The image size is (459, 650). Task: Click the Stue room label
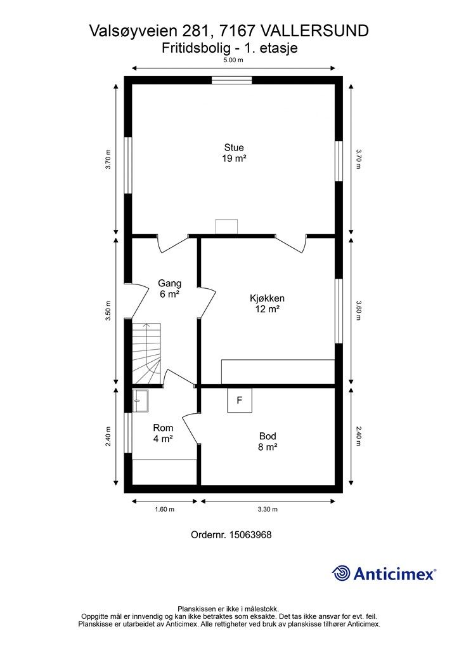(x=234, y=152)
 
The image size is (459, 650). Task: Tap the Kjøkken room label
(x=267, y=303)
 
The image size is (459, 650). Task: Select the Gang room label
(x=170, y=289)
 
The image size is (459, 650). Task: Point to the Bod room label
(x=268, y=442)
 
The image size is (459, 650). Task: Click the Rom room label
(x=163, y=433)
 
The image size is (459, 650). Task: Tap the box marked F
(x=240, y=400)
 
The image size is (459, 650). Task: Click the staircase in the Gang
(x=146, y=354)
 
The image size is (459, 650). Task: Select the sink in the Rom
(x=140, y=401)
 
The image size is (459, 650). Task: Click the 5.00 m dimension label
(x=233, y=60)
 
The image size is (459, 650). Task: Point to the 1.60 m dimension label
(x=165, y=509)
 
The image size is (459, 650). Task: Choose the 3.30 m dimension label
(x=268, y=509)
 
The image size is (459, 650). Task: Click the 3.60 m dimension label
(x=358, y=310)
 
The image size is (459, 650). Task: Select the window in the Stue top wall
(x=232, y=81)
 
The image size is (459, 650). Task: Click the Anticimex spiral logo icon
(x=341, y=573)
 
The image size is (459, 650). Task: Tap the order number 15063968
(x=250, y=534)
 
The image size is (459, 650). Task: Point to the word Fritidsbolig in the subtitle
(x=196, y=48)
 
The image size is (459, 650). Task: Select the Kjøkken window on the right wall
(x=339, y=311)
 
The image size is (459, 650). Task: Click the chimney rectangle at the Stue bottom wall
(x=226, y=227)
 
